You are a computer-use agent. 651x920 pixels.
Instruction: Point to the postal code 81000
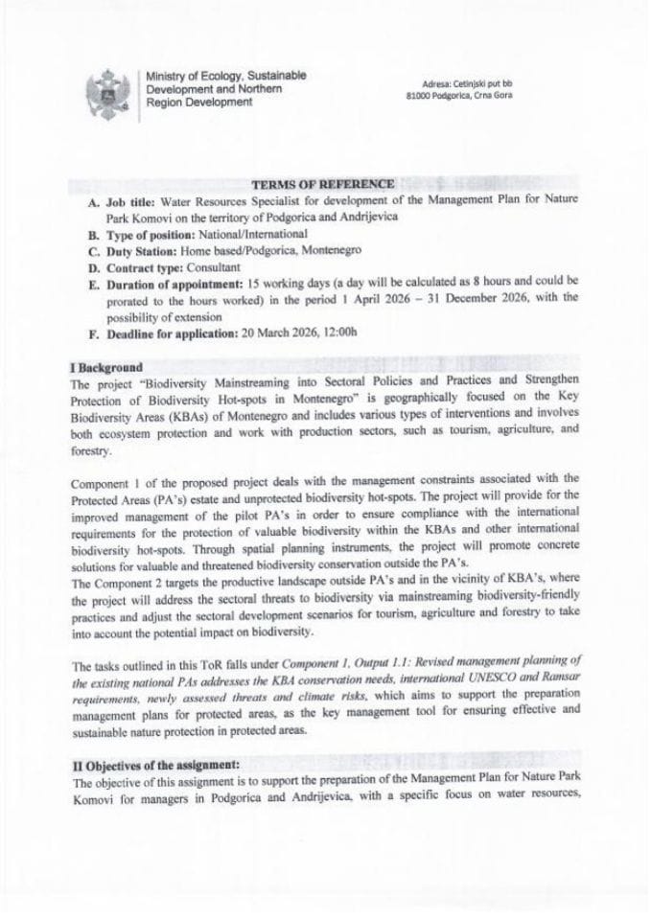[419, 97]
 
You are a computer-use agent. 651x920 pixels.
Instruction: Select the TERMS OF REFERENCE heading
[321, 184]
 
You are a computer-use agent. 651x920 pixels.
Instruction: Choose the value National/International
[252, 234]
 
